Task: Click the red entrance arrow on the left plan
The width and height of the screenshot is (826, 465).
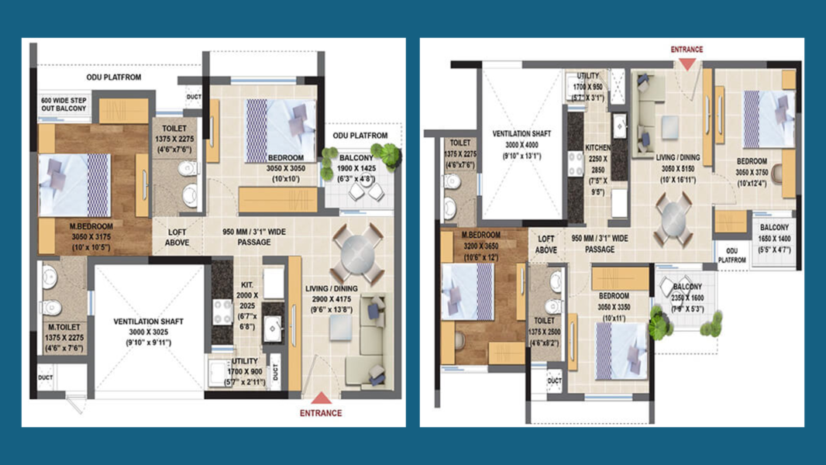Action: [x=321, y=398]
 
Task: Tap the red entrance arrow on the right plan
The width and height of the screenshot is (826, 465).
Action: [x=687, y=63]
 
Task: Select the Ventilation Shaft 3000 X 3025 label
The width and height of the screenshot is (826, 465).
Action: [x=148, y=332]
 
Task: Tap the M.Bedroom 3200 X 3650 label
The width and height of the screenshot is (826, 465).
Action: [x=482, y=246]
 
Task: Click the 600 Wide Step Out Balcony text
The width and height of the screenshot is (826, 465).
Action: [x=63, y=105]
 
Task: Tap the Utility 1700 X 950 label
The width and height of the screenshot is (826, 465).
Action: [x=588, y=87]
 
